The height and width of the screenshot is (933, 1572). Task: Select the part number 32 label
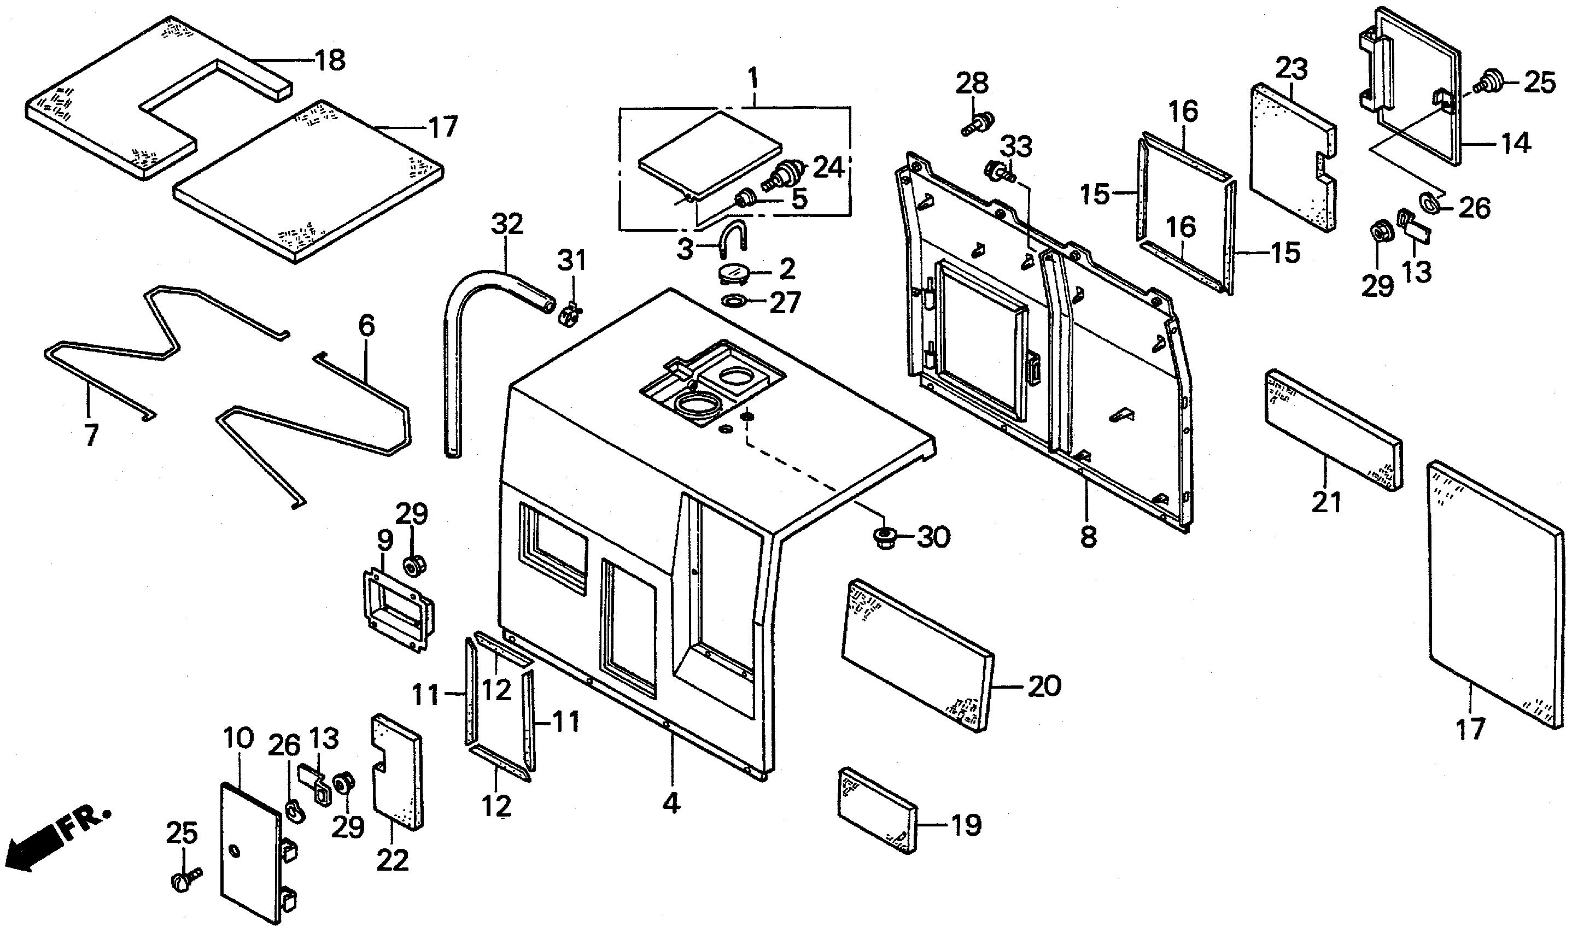click(507, 225)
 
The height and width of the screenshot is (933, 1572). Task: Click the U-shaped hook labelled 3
click(731, 242)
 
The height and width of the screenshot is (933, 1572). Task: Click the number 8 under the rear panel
click(1089, 537)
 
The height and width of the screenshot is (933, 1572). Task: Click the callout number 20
click(1044, 686)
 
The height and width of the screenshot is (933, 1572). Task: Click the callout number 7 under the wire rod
click(91, 435)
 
